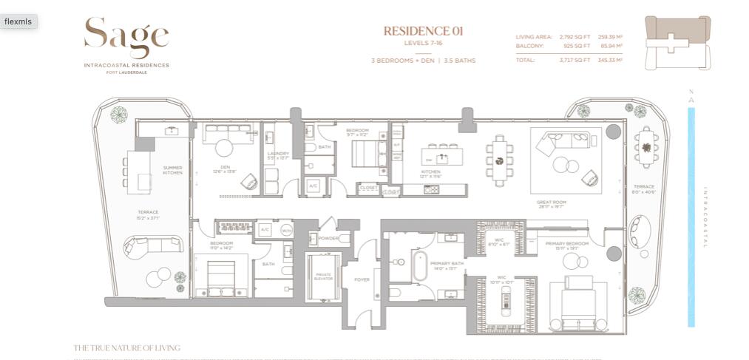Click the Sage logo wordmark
(x=126, y=37)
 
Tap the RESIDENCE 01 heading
(x=423, y=31)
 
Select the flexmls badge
(x=18, y=21)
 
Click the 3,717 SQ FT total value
(x=575, y=60)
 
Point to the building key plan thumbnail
(x=677, y=42)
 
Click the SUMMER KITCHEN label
(x=172, y=170)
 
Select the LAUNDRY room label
(x=278, y=154)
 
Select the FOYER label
(x=362, y=280)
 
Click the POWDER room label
(x=328, y=239)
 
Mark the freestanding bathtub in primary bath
(x=419, y=267)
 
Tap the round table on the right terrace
(x=647, y=146)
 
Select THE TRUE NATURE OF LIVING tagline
(x=126, y=347)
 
